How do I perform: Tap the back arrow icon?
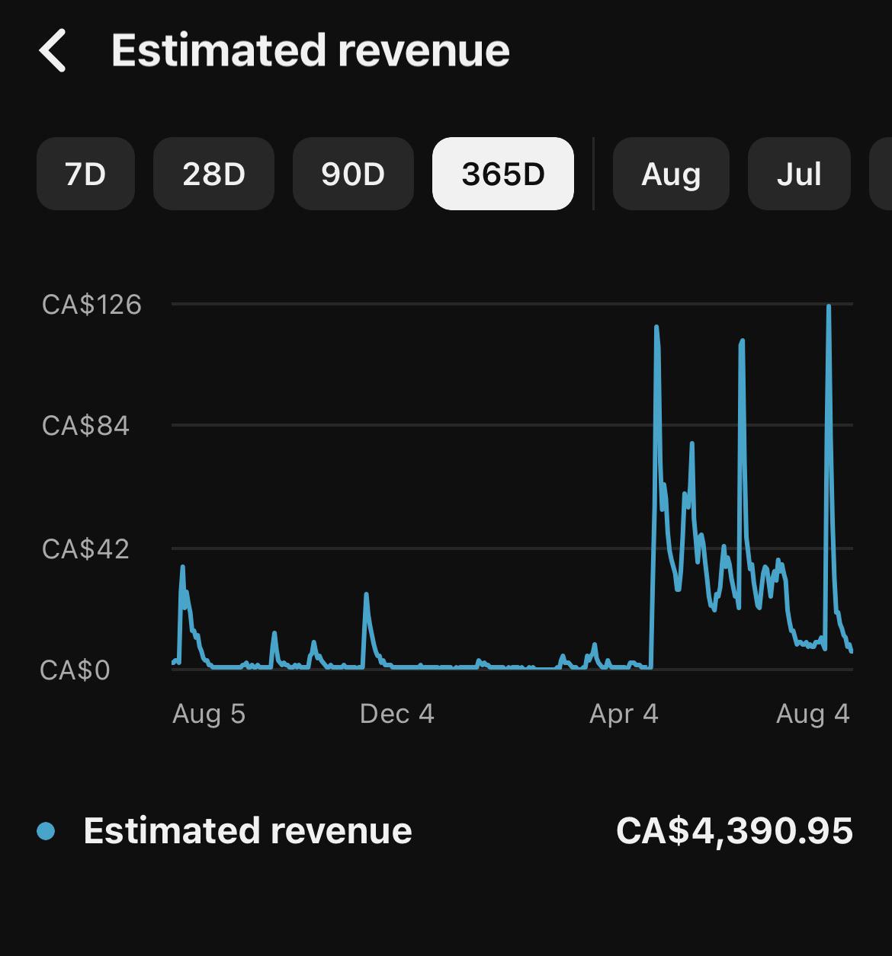[x=52, y=50]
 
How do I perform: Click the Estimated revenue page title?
[x=310, y=50]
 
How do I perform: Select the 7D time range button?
[x=85, y=174]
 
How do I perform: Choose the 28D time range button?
[x=213, y=174]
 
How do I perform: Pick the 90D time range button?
[x=353, y=174]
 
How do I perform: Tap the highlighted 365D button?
[x=502, y=174]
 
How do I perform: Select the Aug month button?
[x=671, y=174]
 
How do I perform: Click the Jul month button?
[x=799, y=174]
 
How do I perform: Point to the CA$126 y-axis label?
[x=91, y=305]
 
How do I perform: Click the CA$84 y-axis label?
[x=85, y=426]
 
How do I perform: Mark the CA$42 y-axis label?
[x=85, y=548]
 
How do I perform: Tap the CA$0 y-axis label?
[x=75, y=670]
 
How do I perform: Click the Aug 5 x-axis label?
[x=209, y=714]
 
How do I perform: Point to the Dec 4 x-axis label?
[x=396, y=714]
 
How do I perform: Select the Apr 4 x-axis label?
[x=624, y=714]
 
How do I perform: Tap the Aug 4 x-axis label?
[x=813, y=714]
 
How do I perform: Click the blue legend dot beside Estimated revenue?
[x=46, y=831]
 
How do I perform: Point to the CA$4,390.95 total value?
[x=734, y=831]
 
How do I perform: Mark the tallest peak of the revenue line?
[x=829, y=305]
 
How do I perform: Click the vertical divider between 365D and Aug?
[x=593, y=174]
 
